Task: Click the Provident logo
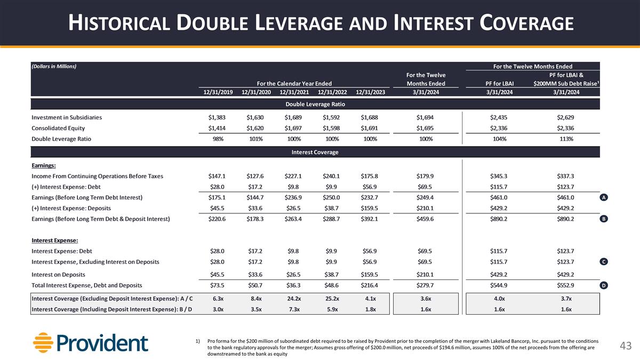tap(91, 343)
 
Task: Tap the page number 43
tap(626, 347)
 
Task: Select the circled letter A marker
tap(603, 197)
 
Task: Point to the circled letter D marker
tap(603, 286)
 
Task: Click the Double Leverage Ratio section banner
tap(315, 103)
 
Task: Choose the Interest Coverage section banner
tap(315, 153)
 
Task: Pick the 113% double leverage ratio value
tap(566, 139)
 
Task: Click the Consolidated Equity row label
tap(58, 129)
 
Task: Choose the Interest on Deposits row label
tap(58, 275)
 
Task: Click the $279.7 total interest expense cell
tap(426, 285)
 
